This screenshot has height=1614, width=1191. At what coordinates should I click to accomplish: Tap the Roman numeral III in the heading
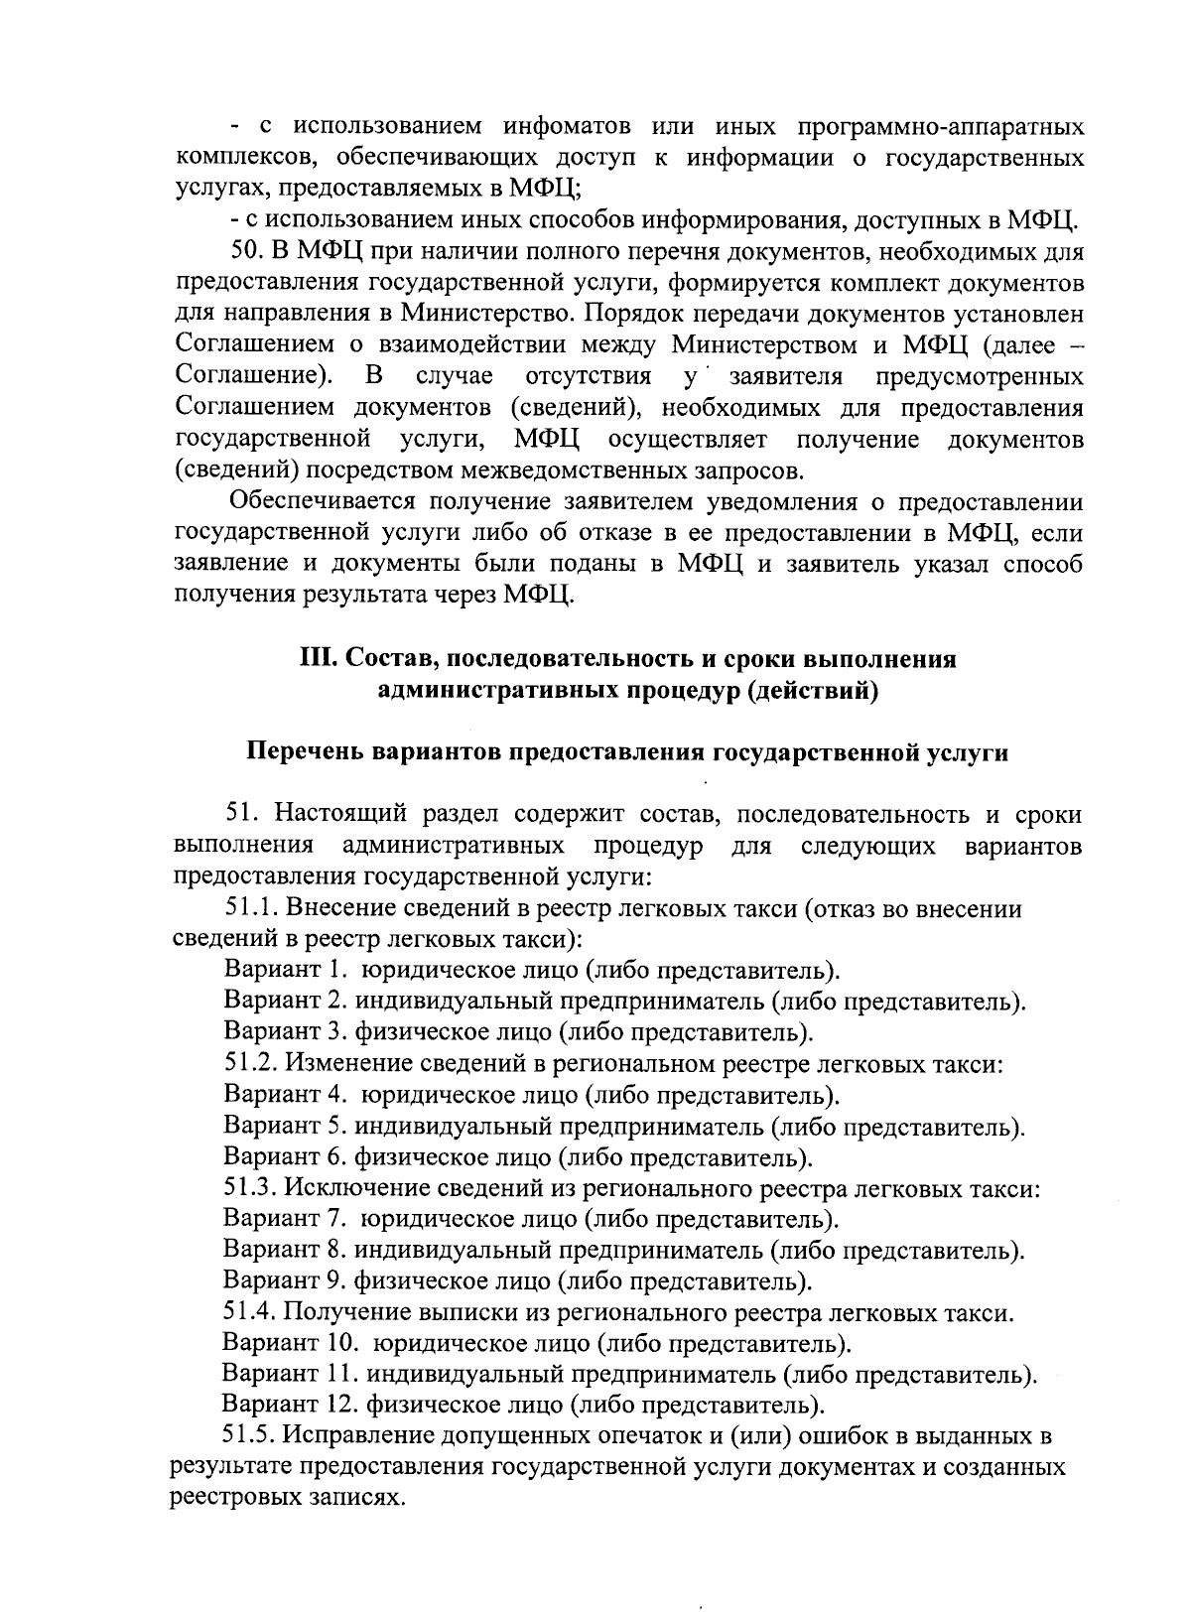pos(316,659)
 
